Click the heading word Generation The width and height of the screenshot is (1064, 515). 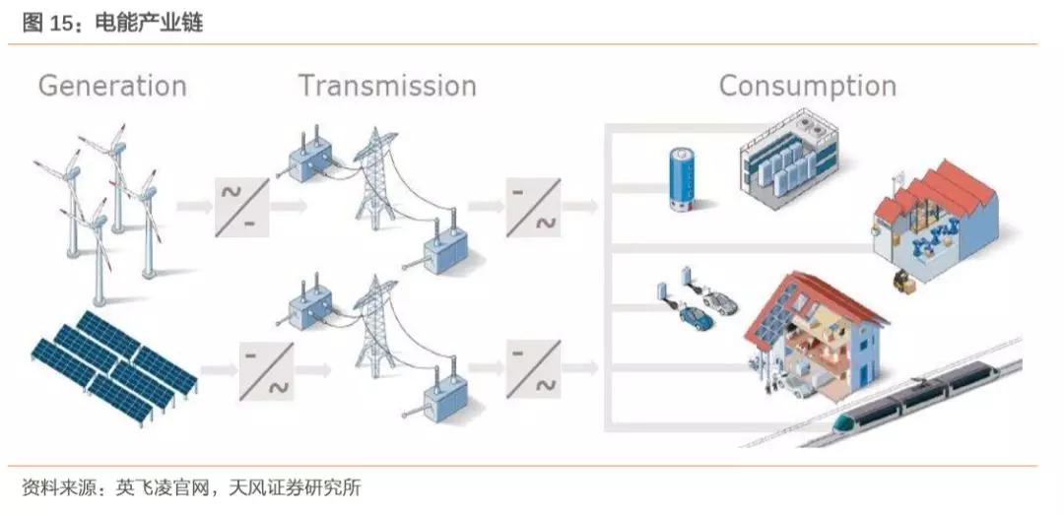pyautogui.click(x=112, y=86)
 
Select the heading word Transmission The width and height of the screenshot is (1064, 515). pyautogui.click(x=387, y=86)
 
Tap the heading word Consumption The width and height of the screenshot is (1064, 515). pyautogui.click(x=807, y=86)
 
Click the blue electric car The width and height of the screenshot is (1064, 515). pyautogui.click(x=696, y=317)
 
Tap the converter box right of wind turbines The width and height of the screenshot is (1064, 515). pyautogui.click(x=241, y=206)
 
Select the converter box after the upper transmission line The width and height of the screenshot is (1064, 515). pyautogui.click(x=533, y=206)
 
